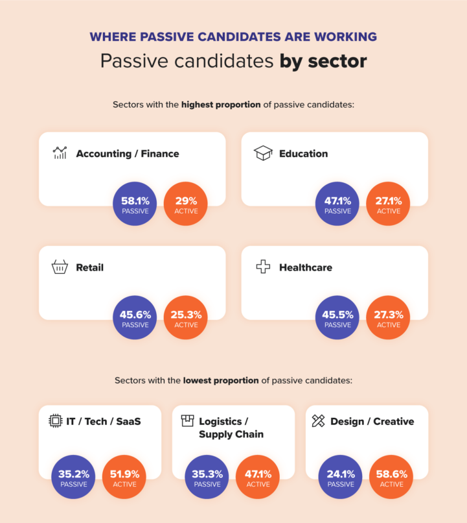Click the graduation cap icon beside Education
pos(262,154)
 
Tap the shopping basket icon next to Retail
pos(60,267)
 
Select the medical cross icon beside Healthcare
pos(262,267)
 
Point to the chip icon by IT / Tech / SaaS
pos(56,421)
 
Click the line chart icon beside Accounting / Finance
pos(60,154)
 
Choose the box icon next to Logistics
pos(187,421)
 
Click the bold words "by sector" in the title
pos(323,62)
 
